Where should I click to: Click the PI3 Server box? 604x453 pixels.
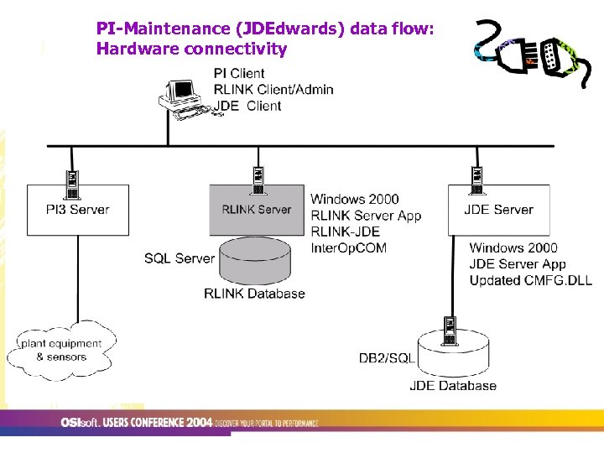[x=78, y=210]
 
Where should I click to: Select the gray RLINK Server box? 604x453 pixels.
[x=256, y=210]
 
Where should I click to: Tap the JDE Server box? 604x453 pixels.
[x=499, y=210]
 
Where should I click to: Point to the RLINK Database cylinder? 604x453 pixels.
[x=255, y=264]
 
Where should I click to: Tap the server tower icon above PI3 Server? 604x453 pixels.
[x=73, y=179]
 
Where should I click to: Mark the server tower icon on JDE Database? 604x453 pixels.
[x=450, y=331]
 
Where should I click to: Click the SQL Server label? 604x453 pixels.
[x=180, y=258]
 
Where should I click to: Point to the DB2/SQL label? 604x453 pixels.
[x=387, y=358]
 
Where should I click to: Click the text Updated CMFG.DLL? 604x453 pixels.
[x=530, y=280]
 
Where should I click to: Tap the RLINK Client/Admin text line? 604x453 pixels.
[x=273, y=90]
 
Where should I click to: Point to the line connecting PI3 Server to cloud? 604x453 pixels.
[x=78, y=277]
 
